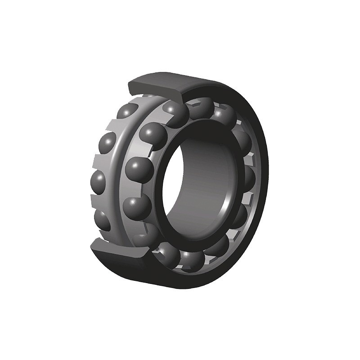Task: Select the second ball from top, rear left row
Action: point(107,144)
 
